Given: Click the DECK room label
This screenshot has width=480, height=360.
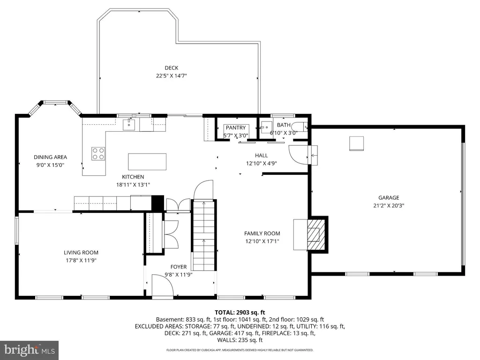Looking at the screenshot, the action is coord(172,68).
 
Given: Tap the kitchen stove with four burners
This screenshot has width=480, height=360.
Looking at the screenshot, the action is coord(98,154).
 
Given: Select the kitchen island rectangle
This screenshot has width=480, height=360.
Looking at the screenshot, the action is coord(147,162).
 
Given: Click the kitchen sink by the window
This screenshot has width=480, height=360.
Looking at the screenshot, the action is coord(129,125).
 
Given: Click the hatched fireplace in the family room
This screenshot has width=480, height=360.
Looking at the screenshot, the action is coord(316,234).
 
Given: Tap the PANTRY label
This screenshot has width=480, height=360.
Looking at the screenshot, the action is coord(236,127).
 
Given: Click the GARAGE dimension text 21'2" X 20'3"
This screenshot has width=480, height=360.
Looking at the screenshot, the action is coord(389,206).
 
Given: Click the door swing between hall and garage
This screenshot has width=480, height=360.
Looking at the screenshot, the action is coord(299,155).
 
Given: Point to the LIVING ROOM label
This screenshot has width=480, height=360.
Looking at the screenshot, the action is coord(81,253).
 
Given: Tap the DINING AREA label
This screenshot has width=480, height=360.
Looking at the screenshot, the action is coord(50,157).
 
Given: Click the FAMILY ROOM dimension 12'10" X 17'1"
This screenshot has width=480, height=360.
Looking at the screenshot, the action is coord(262,241).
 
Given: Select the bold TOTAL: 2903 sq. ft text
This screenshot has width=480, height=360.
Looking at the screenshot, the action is coord(240,313).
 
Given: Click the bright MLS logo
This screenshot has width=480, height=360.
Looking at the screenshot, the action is coord(30,350).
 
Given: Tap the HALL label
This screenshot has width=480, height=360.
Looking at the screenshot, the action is coord(262,156).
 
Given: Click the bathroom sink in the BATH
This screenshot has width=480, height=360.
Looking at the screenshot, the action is coord(267,127).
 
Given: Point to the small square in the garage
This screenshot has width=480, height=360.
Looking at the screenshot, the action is coord(357,143).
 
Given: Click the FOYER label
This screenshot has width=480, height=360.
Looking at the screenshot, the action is coord(179,267).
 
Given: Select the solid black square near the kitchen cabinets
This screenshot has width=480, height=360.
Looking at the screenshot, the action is coord(157,202).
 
